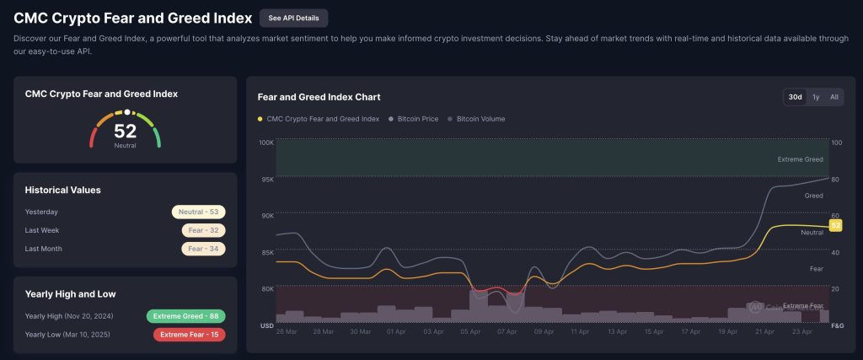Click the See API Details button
point(294,18)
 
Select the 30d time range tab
point(795,97)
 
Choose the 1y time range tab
point(816,97)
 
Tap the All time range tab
point(834,97)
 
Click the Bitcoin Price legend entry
point(413,119)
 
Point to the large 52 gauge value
point(125,131)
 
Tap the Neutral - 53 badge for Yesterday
point(199,212)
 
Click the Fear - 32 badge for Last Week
point(203,230)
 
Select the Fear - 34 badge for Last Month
point(203,249)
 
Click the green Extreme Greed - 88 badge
point(185,316)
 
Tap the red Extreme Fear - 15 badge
point(189,335)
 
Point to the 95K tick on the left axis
point(266,180)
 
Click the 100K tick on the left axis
point(265,142)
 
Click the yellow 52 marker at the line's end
point(836,225)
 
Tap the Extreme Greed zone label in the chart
point(800,159)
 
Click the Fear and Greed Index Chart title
point(319,97)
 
